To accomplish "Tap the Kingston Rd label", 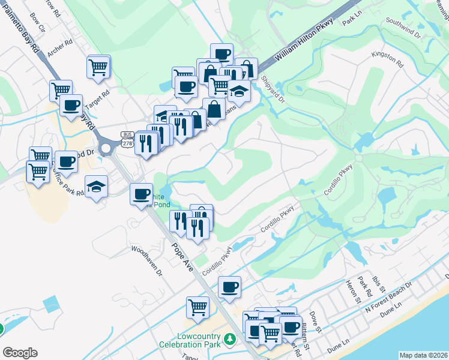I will [x=387, y=58].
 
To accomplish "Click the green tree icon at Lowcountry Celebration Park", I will [x=228, y=340].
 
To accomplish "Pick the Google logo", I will [x=20, y=353].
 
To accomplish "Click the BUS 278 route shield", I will [x=127, y=138].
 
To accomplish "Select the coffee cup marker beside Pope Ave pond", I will [x=142, y=194].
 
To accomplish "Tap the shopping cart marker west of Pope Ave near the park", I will [x=198, y=307].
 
